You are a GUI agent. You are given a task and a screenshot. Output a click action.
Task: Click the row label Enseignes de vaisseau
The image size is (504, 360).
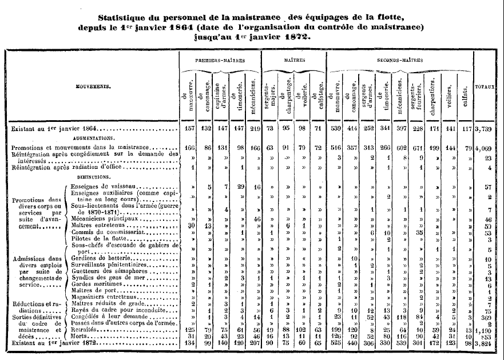click(x=107, y=187)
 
